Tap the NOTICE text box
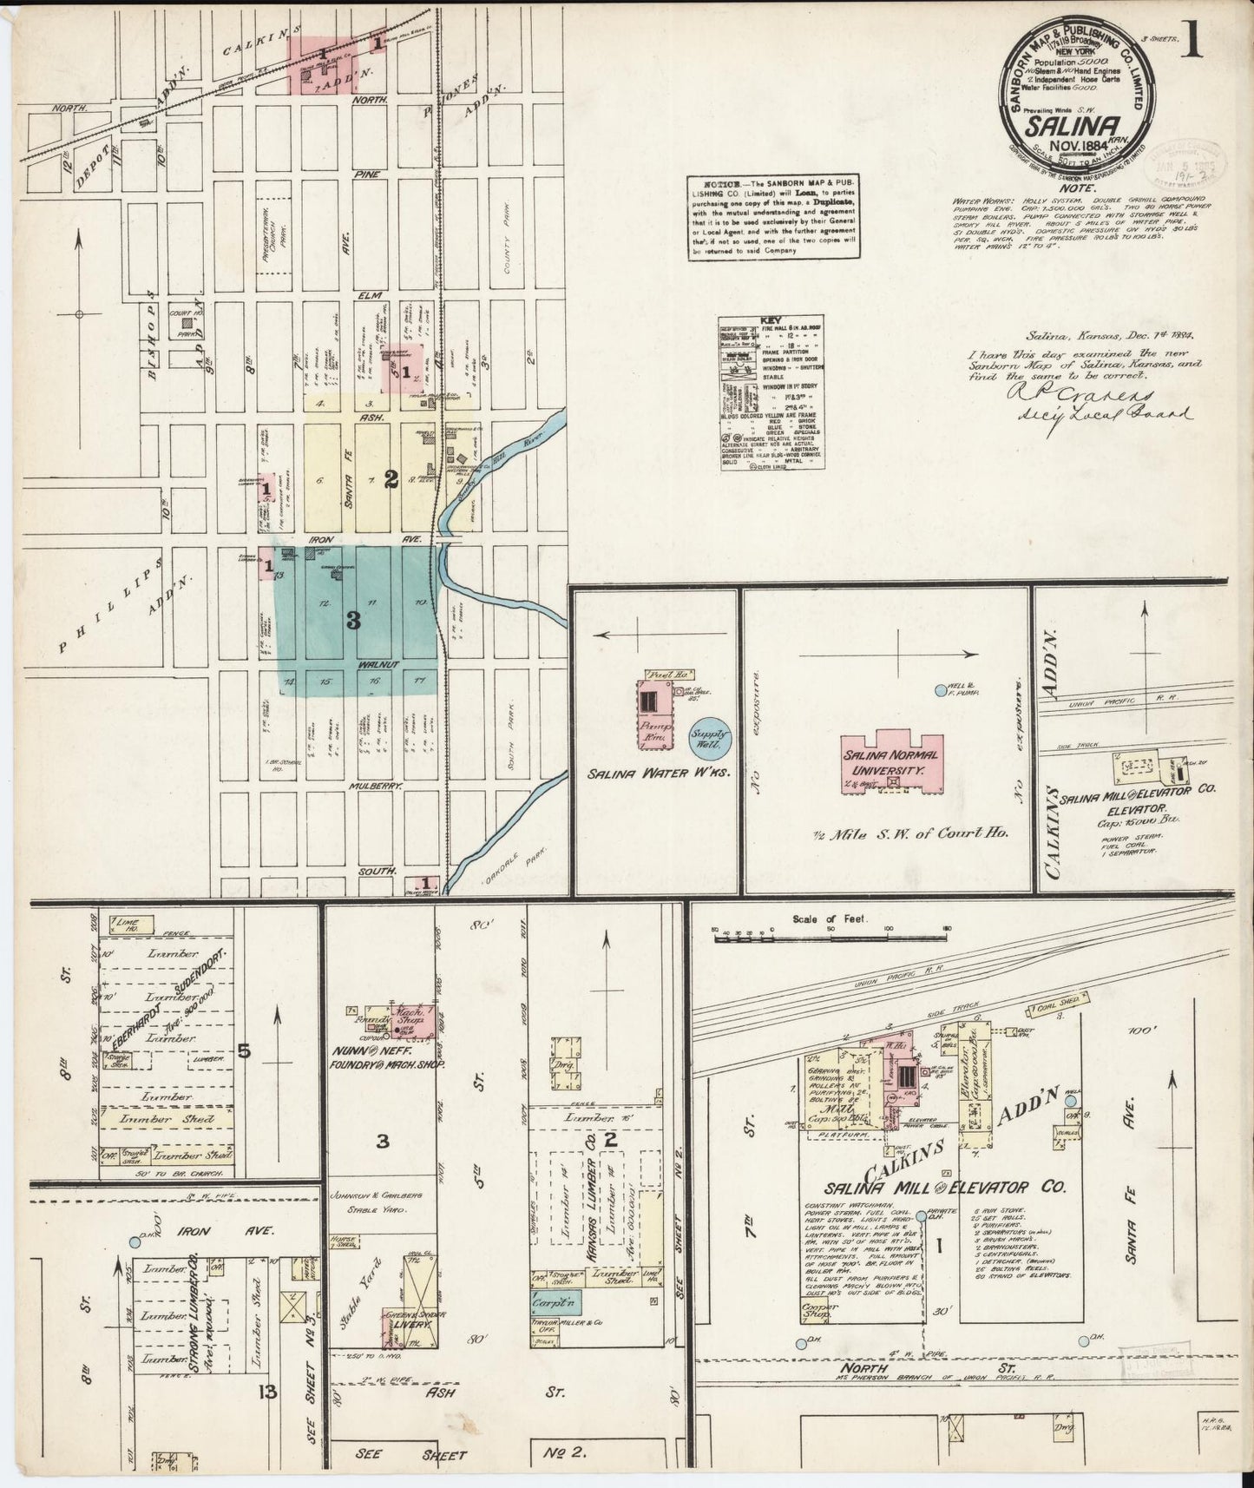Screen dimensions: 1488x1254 tap(773, 217)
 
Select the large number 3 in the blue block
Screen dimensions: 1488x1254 tap(352, 620)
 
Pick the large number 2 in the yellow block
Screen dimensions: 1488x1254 tap(391, 477)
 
